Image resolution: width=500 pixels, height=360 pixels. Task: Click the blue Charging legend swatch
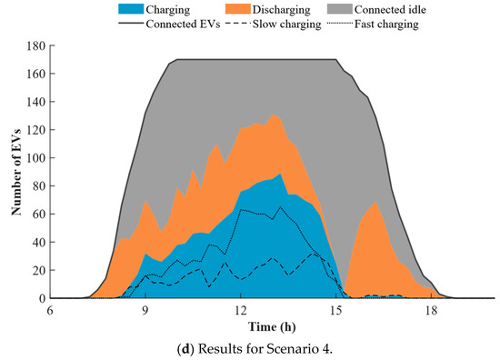click(131, 8)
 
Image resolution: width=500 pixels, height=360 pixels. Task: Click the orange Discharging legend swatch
click(238, 8)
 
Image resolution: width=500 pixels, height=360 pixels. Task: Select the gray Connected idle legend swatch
click(340, 8)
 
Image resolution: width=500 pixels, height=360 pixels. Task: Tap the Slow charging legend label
click(286, 25)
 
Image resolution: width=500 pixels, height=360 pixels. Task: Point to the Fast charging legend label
click(386, 25)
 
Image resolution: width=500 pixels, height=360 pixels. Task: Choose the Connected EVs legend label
click(183, 25)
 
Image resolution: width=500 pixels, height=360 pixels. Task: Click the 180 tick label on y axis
click(36, 45)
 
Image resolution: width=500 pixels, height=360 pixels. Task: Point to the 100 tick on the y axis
click(36, 158)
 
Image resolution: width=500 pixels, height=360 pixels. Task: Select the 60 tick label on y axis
click(39, 214)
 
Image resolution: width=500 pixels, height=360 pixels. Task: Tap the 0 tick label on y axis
click(43, 298)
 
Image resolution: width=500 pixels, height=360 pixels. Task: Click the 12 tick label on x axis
click(241, 310)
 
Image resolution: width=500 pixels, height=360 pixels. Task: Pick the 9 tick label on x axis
click(145, 310)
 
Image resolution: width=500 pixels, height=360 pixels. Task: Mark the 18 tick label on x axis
click(431, 310)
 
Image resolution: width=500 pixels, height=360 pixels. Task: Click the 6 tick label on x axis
click(50, 310)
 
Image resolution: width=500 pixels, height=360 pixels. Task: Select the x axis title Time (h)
click(272, 327)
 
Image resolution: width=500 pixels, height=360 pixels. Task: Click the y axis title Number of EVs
click(16, 172)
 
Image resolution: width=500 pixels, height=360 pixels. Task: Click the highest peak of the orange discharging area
click(273, 115)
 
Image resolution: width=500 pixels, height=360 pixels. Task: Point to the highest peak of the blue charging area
click(280, 174)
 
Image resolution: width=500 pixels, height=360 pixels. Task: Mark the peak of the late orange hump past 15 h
click(375, 202)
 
